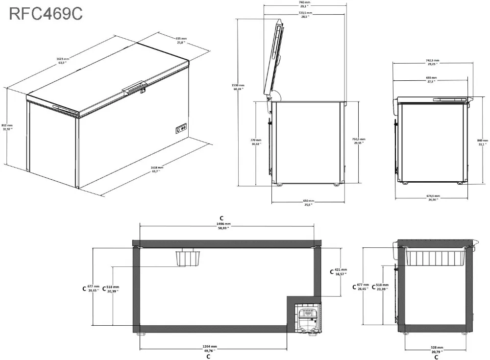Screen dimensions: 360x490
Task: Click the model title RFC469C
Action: (46, 13)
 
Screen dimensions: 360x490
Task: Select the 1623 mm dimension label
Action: (63, 61)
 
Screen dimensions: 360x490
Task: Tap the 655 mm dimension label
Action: (182, 40)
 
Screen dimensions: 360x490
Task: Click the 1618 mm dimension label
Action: (157, 169)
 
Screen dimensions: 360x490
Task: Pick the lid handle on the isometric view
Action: (135, 88)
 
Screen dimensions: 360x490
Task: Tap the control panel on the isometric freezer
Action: (180, 129)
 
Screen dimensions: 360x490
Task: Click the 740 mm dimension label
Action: (304, 4)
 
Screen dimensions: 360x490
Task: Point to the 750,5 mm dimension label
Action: (359, 141)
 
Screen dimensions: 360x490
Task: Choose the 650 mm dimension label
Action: (308, 203)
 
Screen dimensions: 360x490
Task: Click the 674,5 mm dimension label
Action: (433, 198)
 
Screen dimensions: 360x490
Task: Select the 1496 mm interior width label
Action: (223, 226)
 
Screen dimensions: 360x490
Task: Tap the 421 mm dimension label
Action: (341, 272)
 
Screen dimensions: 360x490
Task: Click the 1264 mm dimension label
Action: (209, 348)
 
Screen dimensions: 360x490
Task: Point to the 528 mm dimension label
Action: (436, 349)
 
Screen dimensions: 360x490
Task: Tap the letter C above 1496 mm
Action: (221, 218)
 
